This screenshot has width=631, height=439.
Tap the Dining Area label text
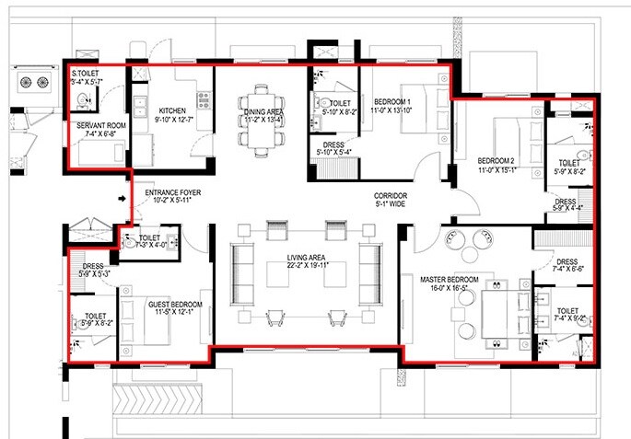[x=262, y=115]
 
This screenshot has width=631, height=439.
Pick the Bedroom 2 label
[x=499, y=165]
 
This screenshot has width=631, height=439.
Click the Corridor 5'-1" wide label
[x=391, y=200]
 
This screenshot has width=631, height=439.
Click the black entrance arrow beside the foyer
[x=123, y=197]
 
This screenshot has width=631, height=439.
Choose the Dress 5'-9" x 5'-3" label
[x=97, y=271]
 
